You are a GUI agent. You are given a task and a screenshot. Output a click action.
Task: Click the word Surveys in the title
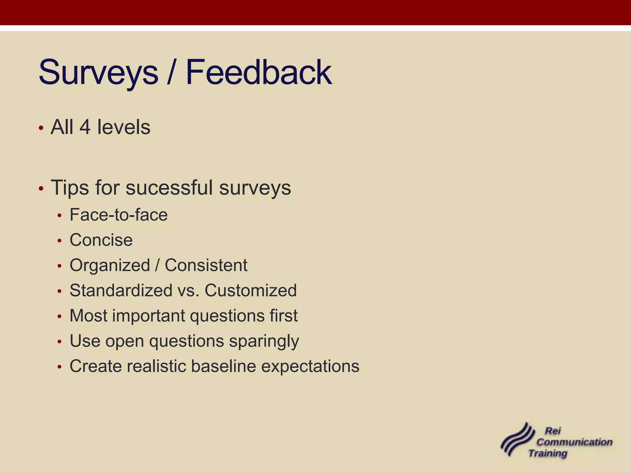click(x=98, y=73)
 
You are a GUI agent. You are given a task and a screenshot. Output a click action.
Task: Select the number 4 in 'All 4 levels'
click(x=85, y=127)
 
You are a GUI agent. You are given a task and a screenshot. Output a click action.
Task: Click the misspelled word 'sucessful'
click(x=169, y=188)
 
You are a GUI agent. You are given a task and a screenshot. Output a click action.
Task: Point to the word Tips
click(x=70, y=188)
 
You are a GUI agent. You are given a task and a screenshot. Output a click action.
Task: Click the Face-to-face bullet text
click(x=119, y=215)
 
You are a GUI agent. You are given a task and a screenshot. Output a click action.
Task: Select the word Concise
click(x=101, y=240)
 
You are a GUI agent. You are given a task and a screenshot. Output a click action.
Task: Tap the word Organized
click(x=110, y=265)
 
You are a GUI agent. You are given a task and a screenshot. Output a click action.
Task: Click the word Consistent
click(x=206, y=265)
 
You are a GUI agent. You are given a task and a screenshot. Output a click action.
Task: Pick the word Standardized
click(x=121, y=290)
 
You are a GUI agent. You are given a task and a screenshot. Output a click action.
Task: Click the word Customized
click(x=250, y=290)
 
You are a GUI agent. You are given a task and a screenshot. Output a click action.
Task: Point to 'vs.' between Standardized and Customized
click(x=188, y=291)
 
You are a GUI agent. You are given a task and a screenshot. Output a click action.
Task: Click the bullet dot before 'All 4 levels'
click(x=41, y=128)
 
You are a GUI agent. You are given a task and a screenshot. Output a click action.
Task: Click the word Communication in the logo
click(x=574, y=442)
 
